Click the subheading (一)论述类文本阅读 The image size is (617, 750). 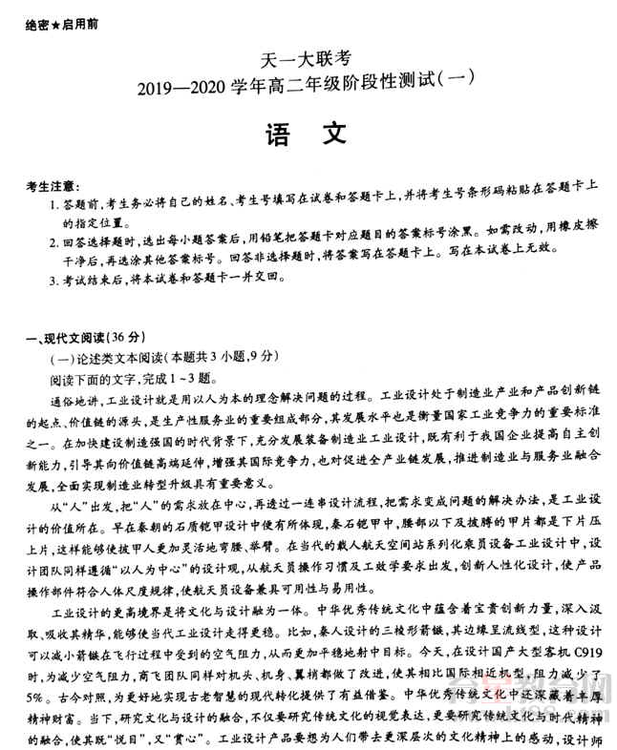point(107,357)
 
